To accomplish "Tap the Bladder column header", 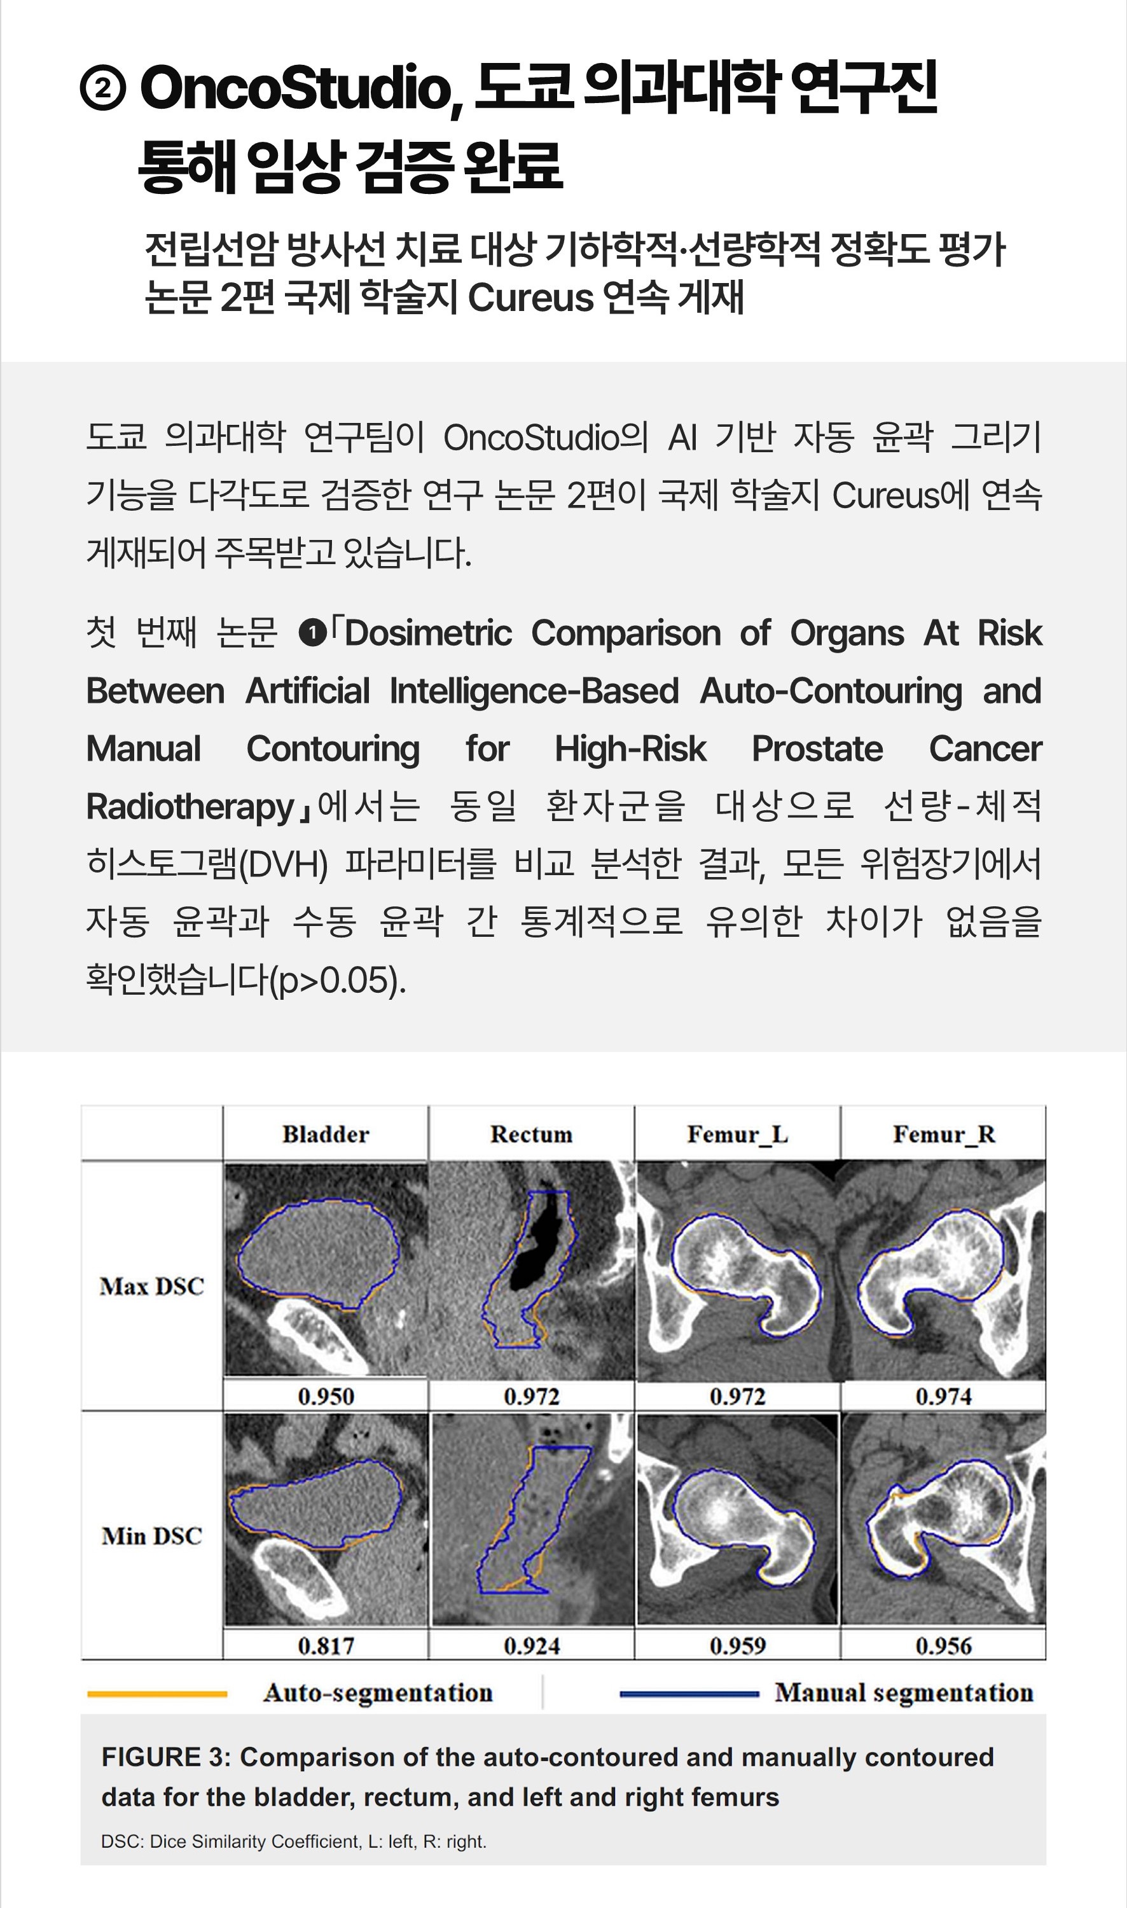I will (326, 1135).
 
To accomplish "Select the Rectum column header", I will (531, 1135).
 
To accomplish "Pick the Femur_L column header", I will (737, 1135).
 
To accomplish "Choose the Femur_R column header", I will (943, 1135).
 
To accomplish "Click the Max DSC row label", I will (152, 1287).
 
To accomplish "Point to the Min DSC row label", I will (152, 1536).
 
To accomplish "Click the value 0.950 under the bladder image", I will (326, 1396).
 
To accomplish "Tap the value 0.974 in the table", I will (943, 1396).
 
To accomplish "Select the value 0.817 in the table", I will (326, 1646).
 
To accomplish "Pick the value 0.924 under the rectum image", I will (531, 1646).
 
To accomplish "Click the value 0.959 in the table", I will (737, 1646).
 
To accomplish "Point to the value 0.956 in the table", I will (943, 1646).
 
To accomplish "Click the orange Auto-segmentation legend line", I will (157, 1694).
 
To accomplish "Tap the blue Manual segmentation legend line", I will (689, 1694).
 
